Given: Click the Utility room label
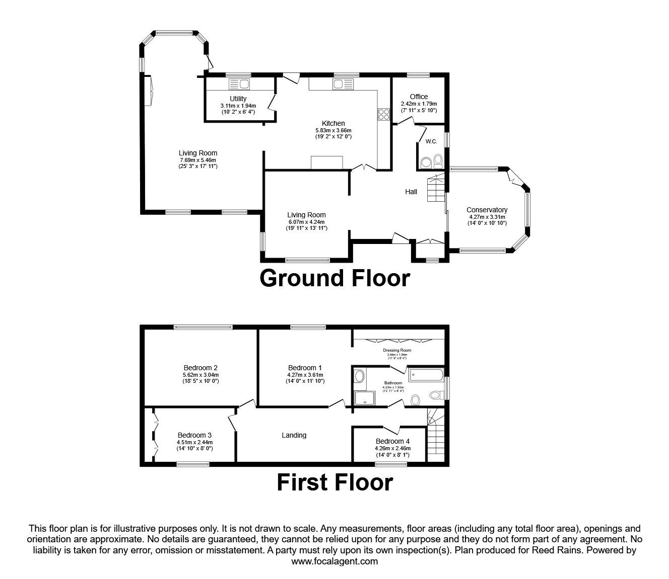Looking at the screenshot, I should click(238, 99).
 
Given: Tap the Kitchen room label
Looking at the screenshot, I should click(333, 123).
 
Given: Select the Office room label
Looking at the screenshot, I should click(418, 97).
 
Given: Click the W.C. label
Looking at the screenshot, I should click(431, 141).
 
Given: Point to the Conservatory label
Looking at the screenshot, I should click(487, 210).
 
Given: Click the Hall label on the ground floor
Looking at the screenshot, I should click(411, 192).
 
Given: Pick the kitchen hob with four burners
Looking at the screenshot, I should click(383, 115).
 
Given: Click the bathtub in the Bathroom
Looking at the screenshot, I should click(426, 374).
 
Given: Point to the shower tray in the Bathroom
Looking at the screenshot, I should click(362, 398).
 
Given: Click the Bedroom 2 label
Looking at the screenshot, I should click(200, 367).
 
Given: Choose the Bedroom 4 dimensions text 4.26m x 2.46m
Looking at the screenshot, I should click(392, 448).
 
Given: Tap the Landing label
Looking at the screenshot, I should click(294, 435).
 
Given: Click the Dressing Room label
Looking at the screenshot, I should click(397, 350).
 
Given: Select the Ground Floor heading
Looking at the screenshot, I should click(335, 278).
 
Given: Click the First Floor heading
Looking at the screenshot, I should click(335, 482).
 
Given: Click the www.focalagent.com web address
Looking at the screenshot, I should click(335, 561).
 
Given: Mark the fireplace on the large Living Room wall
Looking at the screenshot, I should click(149, 91).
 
